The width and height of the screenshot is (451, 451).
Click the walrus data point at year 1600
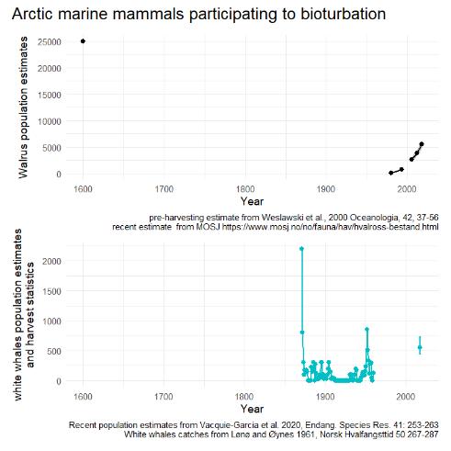click(x=83, y=41)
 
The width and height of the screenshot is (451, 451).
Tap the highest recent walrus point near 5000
click(x=422, y=144)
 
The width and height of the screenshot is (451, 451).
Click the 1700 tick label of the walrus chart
click(x=163, y=189)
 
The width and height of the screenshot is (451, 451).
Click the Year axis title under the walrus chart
click(x=252, y=201)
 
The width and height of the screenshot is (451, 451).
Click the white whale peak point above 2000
click(x=301, y=249)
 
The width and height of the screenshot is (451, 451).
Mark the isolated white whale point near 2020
click(x=420, y=348)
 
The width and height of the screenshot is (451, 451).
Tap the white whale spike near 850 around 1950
click(x=366, y=329)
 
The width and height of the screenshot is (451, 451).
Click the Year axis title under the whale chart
click(x=252, y=408)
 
